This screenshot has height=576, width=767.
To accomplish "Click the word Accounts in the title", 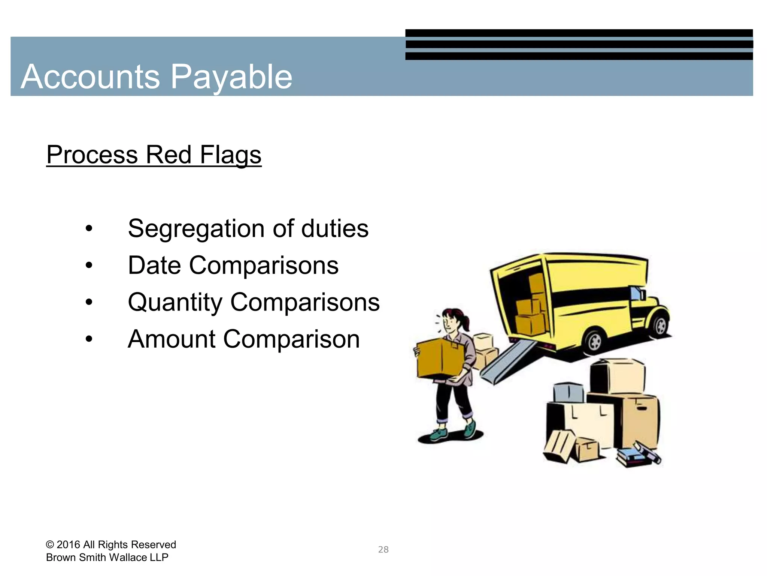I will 90,77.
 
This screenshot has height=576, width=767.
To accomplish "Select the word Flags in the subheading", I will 230,155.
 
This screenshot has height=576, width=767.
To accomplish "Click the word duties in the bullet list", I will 335,229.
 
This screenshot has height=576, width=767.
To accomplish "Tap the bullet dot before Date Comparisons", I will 89,265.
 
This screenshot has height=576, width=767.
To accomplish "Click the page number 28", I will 383,549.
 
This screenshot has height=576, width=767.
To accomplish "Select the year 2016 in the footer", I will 69,544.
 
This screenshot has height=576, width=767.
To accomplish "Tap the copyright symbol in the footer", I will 50,544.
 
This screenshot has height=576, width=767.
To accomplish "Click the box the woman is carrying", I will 440,358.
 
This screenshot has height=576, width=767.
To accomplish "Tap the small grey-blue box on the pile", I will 568,392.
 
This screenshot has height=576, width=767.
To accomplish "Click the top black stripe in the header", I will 579,33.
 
